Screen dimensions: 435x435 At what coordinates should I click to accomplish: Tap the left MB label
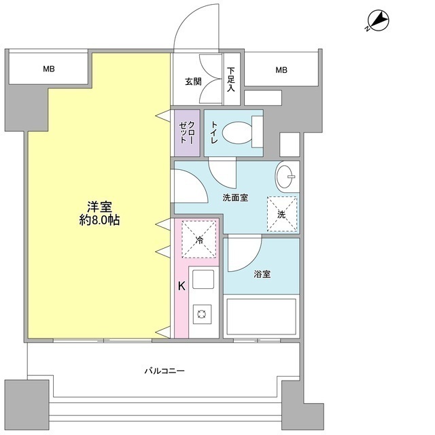pos(48,69)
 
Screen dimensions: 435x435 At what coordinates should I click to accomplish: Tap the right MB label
pos(281,69)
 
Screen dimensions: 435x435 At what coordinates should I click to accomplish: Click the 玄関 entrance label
pos(192,82)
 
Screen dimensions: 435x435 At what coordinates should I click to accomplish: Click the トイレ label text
pos(214,133)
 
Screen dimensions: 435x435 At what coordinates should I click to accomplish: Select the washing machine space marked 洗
pos(281,214)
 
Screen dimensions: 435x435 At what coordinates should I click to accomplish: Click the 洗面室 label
pos(234,198)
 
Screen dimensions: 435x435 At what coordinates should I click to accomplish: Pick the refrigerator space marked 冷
pos(199,240)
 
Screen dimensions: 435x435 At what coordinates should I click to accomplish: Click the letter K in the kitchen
pos(181,286)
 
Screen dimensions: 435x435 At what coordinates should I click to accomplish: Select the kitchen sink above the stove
pos(203,279)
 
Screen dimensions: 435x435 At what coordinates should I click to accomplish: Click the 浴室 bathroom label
pos(262,275)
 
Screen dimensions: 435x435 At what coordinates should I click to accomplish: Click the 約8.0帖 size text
pos(99,221)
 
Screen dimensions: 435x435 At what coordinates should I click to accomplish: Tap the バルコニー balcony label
pos(164,371)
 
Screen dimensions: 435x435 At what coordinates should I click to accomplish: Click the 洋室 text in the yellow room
pos(99,206)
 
